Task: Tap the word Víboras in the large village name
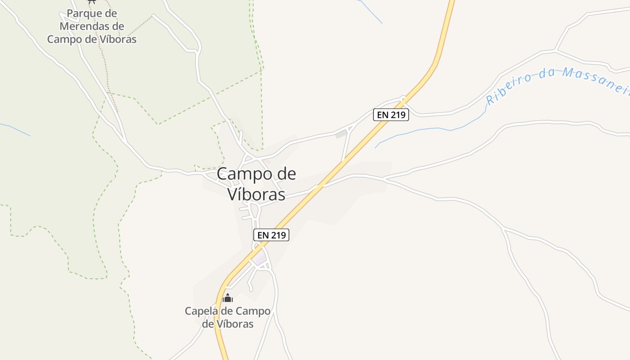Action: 256,194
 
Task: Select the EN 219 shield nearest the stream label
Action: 391,115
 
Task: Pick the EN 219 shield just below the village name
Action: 271,235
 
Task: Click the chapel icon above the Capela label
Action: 228,298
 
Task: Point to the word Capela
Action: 201,311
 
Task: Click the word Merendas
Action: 85,26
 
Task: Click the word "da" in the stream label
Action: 546,73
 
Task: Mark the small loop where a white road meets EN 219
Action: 403,98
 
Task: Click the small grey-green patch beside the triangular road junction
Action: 341,134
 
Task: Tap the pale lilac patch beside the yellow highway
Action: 260,260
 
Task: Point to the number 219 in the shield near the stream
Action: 397,115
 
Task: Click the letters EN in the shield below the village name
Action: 263,235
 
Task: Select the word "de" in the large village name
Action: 284,174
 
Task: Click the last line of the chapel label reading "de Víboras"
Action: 228,324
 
